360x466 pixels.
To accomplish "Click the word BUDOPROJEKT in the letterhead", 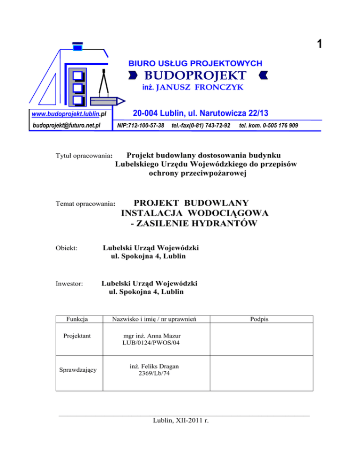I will pyautogui.click(x=195, y=75).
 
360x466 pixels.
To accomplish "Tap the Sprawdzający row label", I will pyautogui.click(x=76, y=370).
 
